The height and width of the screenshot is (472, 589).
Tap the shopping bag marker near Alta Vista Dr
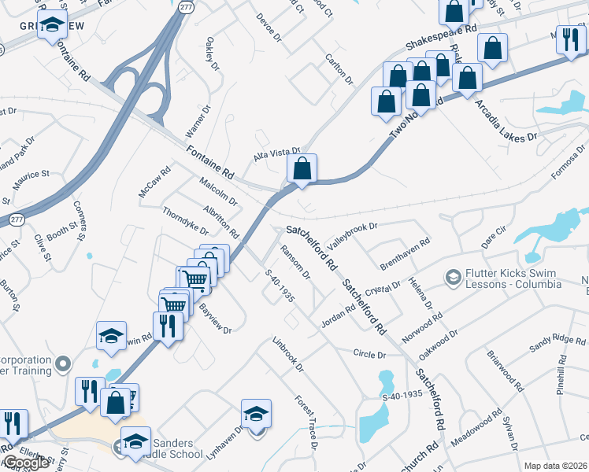coord(302,169)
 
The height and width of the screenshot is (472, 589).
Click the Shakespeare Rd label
coord(441,37)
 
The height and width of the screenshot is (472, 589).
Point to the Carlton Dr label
coord(339,70)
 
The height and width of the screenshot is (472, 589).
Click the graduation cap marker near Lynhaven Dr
coord(257,414)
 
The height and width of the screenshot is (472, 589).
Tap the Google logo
coord(25,463)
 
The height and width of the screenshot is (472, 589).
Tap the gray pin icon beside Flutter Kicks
coord(453,278)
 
